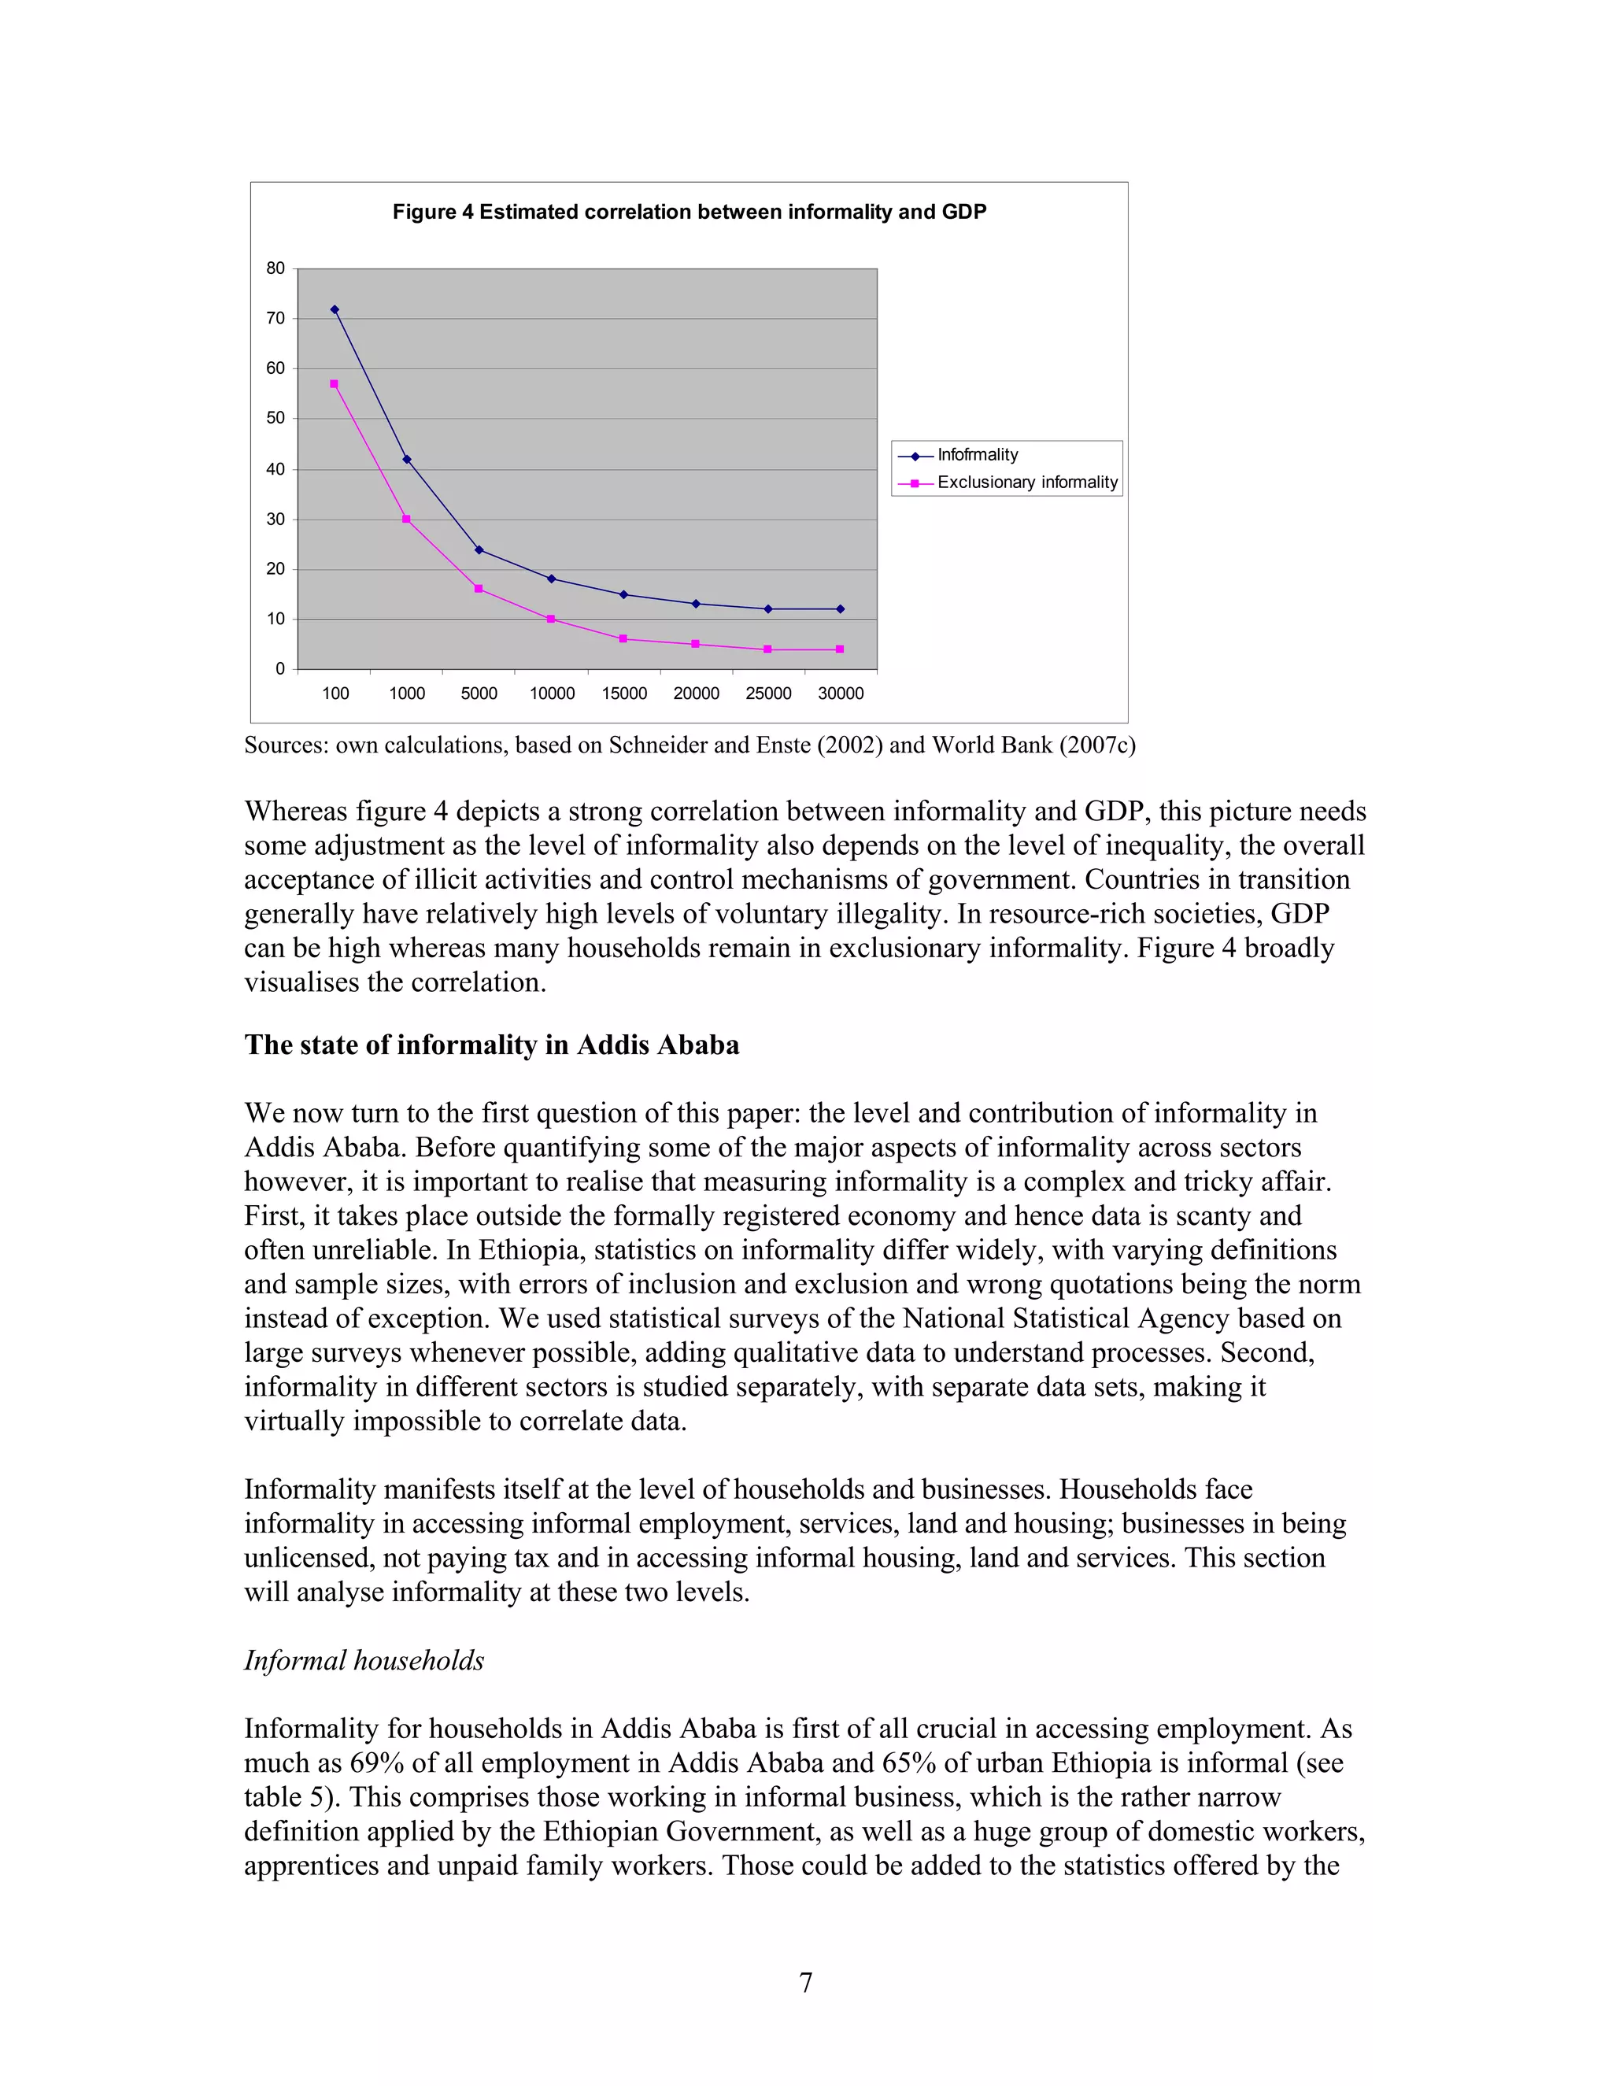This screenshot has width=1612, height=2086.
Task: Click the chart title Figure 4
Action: tap(689, 212)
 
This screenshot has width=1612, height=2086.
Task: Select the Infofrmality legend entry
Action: tap(977, 455)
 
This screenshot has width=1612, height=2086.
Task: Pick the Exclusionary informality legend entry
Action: tap(1026, 483)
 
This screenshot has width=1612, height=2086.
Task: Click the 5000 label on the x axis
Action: tap(479, 693)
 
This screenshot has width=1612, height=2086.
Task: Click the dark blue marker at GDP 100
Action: tap(335, 309)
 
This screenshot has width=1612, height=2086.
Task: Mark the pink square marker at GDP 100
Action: tap(335, 384)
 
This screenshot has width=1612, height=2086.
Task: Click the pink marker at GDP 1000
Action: tap(406, 520)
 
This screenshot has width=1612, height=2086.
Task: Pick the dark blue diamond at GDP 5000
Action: tap(479, 550)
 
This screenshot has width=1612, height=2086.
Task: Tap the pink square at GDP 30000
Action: tap(839, 649)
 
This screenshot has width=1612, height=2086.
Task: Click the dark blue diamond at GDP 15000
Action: tap(623, 595)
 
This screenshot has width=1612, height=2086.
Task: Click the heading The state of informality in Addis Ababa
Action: tap(491, 1045)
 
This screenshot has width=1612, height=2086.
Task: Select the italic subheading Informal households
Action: tap(364, 1660)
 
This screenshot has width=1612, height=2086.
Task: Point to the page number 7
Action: tap(805, 1983)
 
